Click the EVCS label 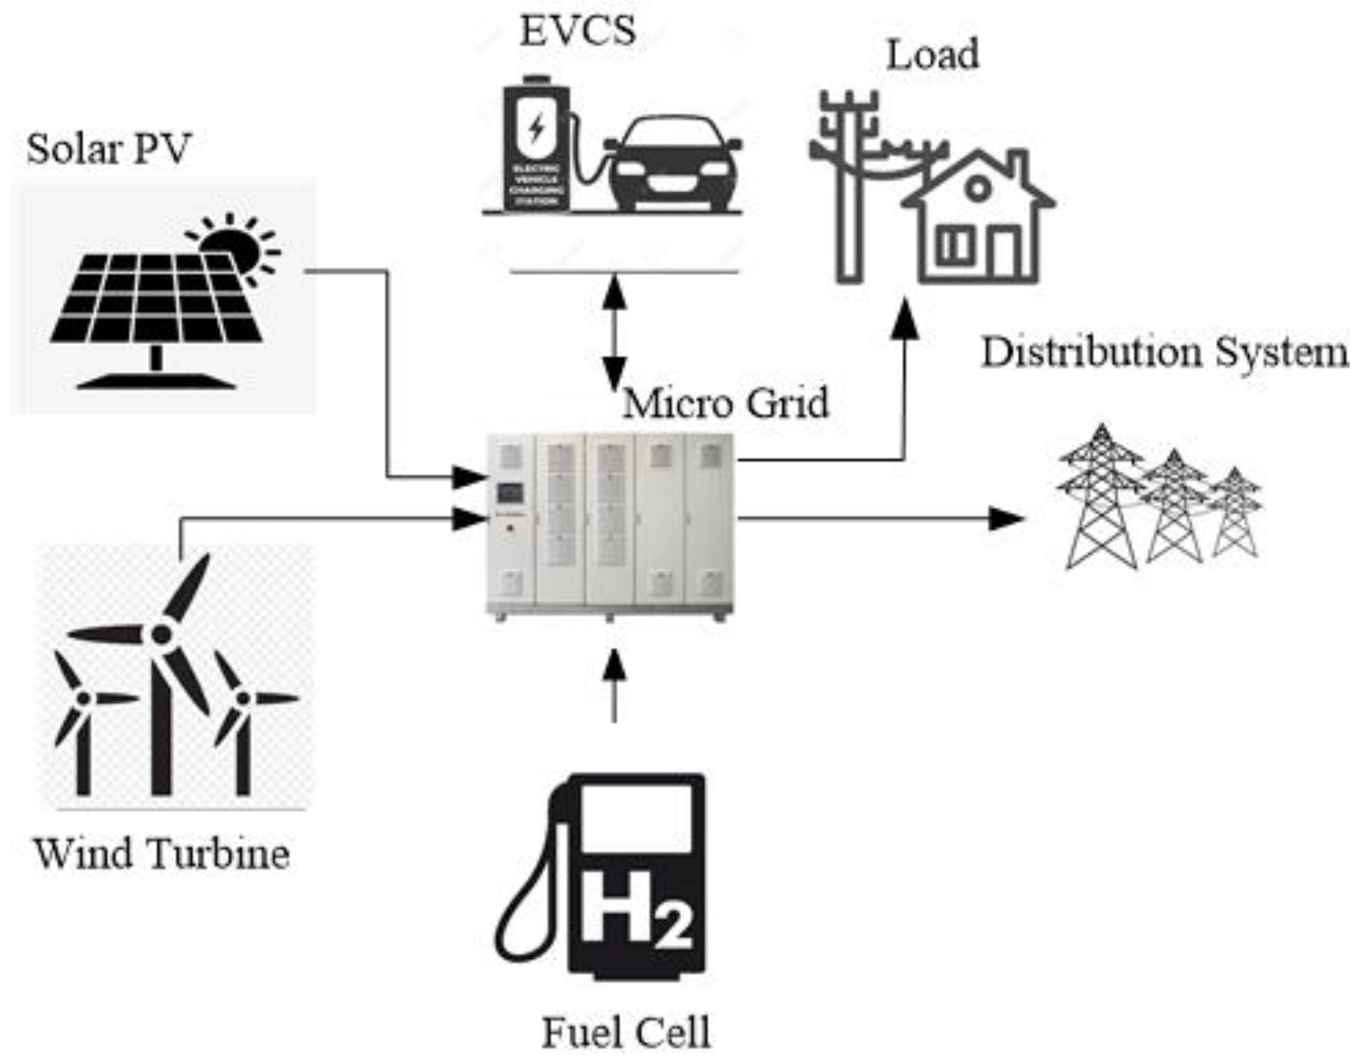(577, 31)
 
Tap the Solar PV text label (108, 149)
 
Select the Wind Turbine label (162, 854)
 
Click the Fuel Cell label (626, 1032)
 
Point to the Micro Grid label (725, 403)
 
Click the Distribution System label (1164, 352)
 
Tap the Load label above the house (932, 55)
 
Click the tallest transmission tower (1101, 498)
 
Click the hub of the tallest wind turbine (161, 635)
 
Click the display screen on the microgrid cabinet (510, 493)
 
